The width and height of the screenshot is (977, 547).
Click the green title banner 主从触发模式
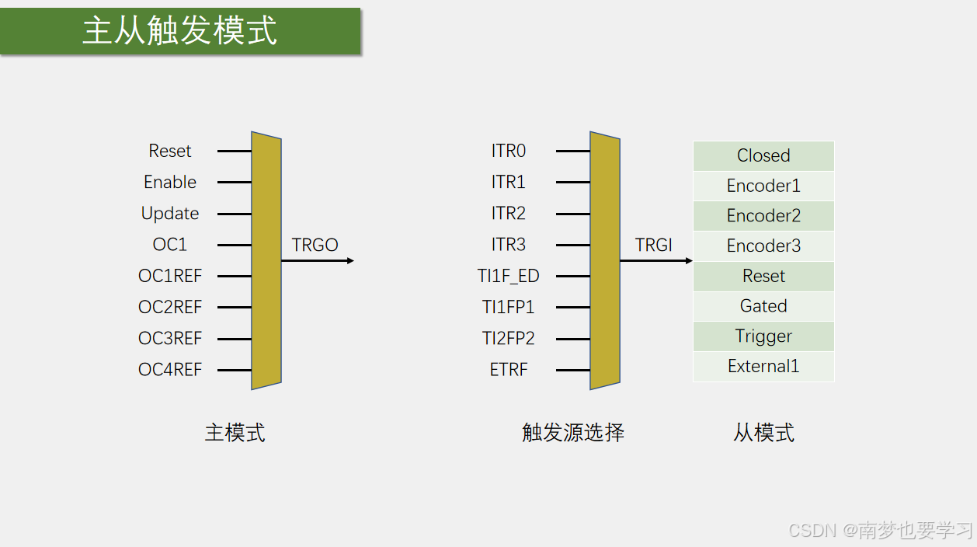(180, 31)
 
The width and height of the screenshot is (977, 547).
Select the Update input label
(170, 214)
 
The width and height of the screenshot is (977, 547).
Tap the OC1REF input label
(170, 276)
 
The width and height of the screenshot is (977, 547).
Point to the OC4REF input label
(170, 370)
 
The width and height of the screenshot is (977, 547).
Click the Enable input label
(170, 183)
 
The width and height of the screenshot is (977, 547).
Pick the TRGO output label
(315, 246)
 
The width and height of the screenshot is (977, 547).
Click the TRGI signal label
(654, 246)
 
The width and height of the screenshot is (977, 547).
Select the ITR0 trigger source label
(509, 151)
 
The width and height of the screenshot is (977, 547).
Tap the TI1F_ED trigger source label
(509, 276)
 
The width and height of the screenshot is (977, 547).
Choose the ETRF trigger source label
(509, 370)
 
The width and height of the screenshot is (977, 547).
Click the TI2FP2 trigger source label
(509, 339)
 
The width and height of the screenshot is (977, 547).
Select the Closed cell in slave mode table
(763, 155)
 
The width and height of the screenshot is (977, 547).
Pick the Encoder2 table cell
(763, 216)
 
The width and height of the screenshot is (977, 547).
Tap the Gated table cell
(763, 306)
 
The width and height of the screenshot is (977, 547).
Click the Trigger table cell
(763, 336)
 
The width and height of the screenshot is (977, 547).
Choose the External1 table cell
(763, 366)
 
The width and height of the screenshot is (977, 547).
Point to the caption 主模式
(235, 433)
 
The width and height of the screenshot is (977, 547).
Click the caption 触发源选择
(573, 433)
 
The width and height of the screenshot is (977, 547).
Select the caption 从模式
(764, 433)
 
